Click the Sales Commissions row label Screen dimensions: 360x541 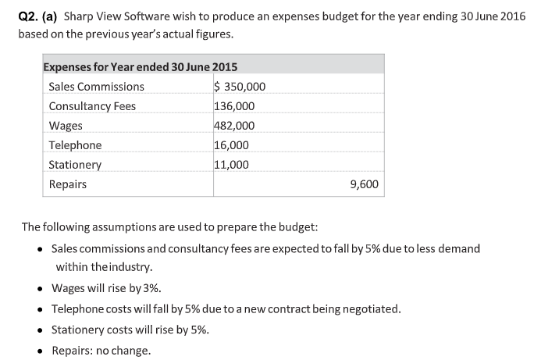[96, 87]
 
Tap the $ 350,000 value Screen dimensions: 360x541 [240, 87]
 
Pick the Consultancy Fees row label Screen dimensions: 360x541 [92, 106]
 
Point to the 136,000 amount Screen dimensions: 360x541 [233, 106]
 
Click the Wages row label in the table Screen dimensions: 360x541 [66, 126]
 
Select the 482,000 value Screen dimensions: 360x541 [233, 126]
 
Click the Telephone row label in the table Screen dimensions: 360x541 [75, 145]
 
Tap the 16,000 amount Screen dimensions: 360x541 [231, 145]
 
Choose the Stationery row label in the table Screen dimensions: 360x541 [75, 165]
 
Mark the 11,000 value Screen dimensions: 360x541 [231, 165]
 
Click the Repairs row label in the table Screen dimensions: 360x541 [67, 184]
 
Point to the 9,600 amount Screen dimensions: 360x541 [365, 184]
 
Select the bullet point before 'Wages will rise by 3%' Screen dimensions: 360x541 [40, 288]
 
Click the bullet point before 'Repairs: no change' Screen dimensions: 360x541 [40, 349]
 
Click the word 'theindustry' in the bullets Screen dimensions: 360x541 [122, 267]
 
